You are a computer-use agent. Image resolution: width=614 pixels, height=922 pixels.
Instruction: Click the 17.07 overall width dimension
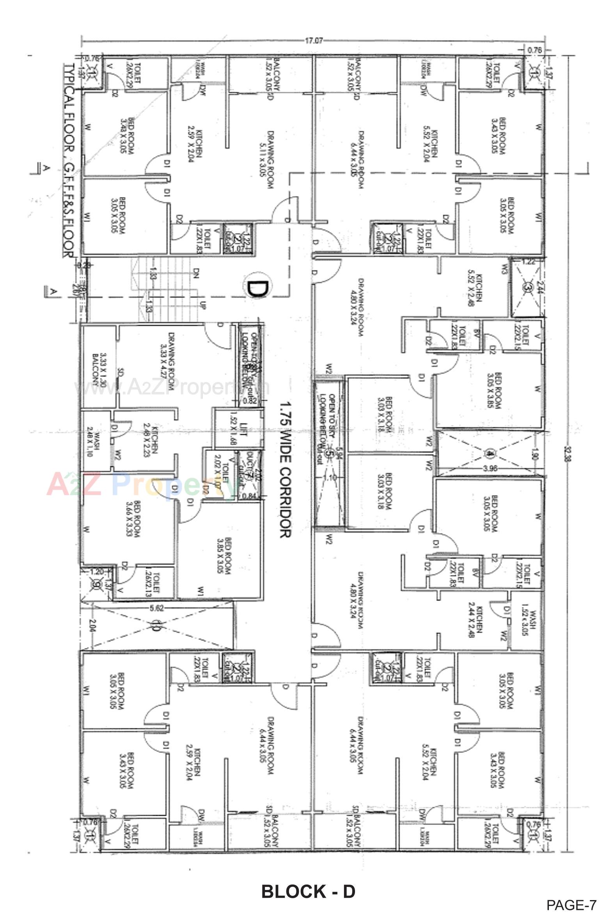pos(313,40)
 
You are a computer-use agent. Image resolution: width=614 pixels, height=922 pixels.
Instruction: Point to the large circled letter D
pos(257,289)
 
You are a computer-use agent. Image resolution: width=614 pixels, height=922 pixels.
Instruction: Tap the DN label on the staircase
pos(196,272)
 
